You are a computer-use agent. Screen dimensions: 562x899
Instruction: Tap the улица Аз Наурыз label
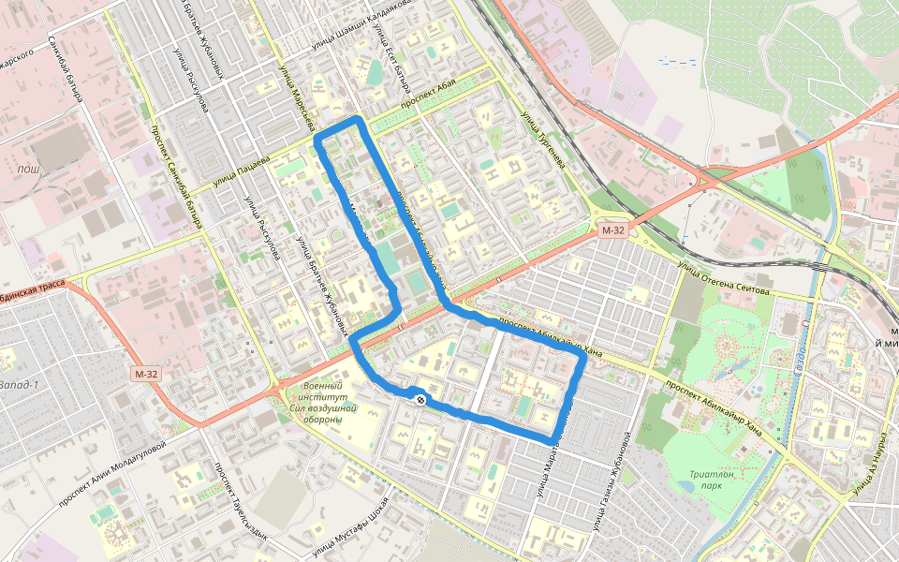pyautogui.click(x=868, y=464)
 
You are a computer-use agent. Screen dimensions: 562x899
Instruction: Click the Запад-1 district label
pyautogui.click(x=19, y=385)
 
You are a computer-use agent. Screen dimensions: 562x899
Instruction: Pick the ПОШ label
pyautogui.click(x=28, y=169)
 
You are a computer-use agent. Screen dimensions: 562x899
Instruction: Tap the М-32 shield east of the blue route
pyautogui.click(x=613, y=230)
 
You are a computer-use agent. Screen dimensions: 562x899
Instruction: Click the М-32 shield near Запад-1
pyautogui.click(x=145, y=375)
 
